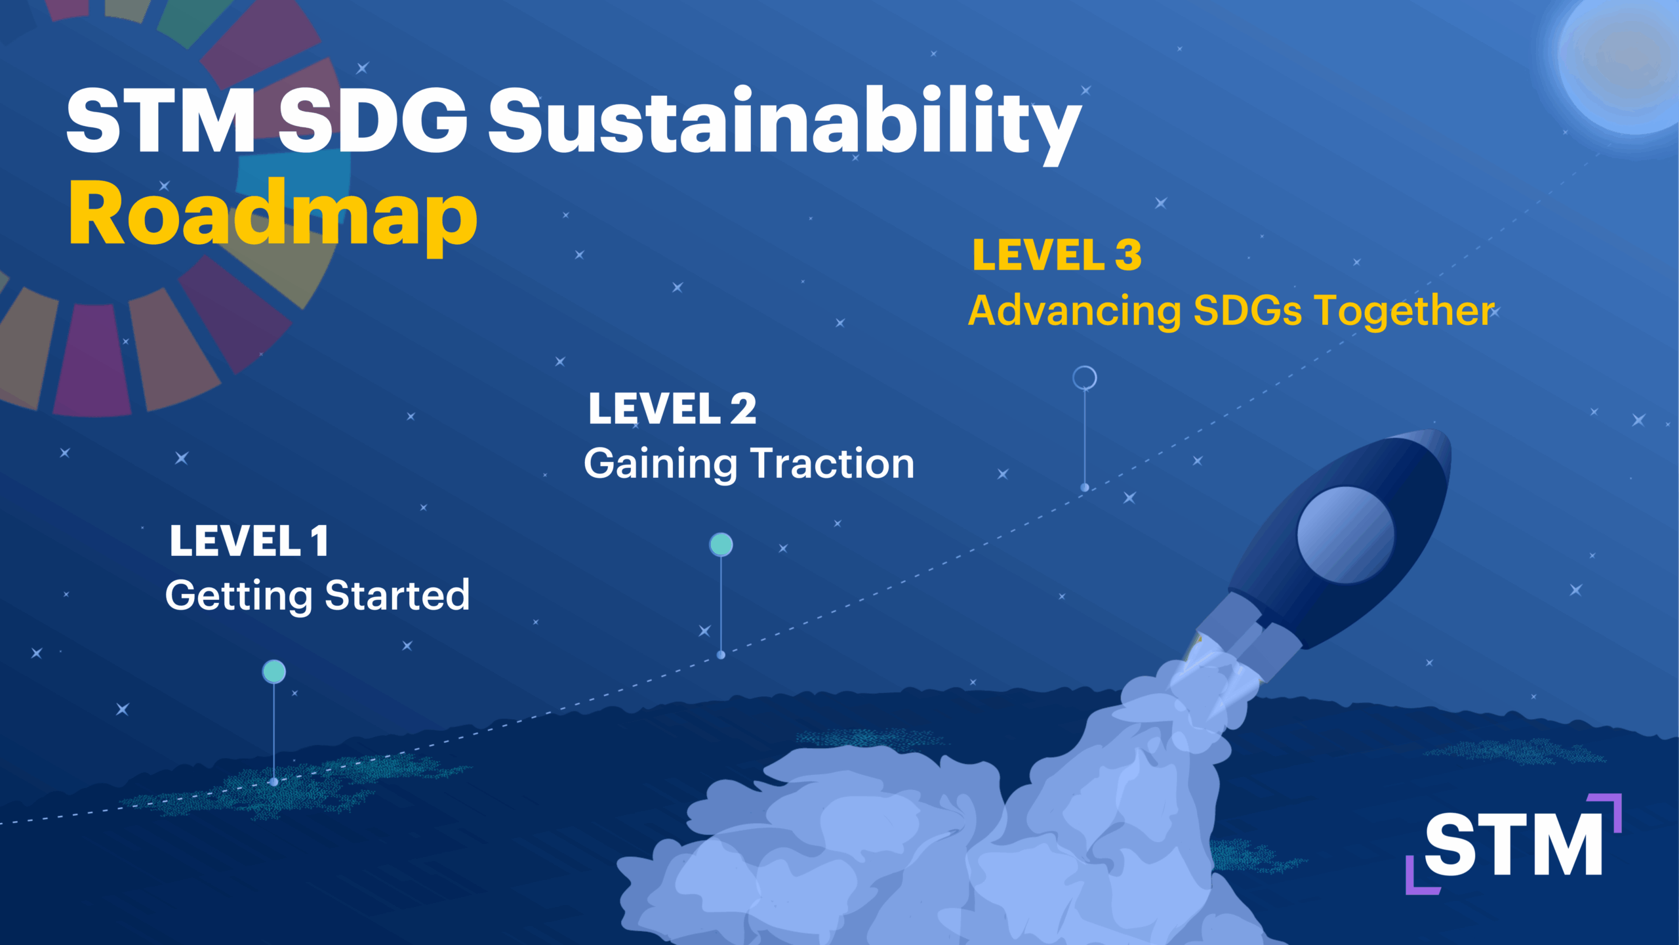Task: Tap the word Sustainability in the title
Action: tap(784, 125)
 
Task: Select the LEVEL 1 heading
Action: tap(249, 541)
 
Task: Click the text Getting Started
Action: tap(317, 596)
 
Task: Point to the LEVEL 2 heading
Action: tap(672, 408)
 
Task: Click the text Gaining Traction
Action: tap(749, 464)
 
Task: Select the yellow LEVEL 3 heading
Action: tap(1057, 255)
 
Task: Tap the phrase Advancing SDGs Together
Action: tap(1232, 310)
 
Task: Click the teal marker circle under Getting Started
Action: tap(274, 671)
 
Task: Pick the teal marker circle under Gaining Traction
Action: tap(721, 545)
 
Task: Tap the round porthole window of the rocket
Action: tap(1346, 535)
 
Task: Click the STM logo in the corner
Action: tap(1514, 844)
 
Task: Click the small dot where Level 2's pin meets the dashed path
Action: tap(721, 655)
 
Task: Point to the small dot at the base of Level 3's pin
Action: tap(1085, 488)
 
